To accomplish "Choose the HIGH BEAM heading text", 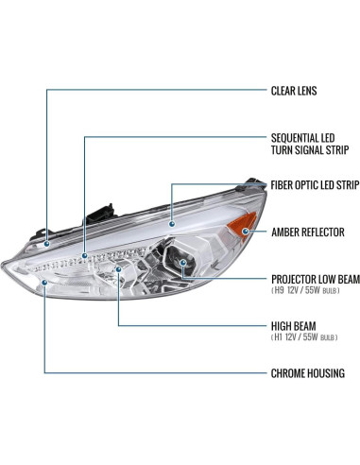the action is click(x=295, y=321).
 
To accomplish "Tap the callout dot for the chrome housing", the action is click(x=43, y=280).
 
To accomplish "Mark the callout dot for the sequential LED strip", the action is click(x=85, y=254).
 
